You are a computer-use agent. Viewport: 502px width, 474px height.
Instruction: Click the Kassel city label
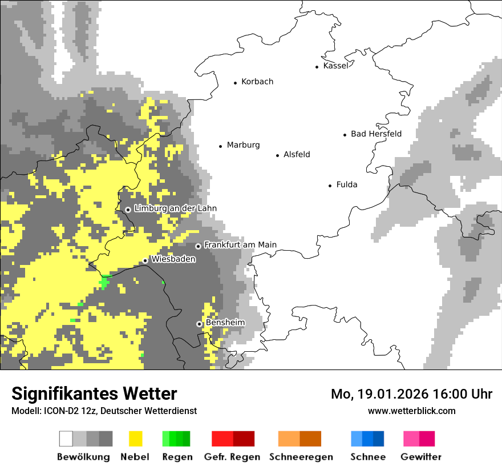tap(335, 66)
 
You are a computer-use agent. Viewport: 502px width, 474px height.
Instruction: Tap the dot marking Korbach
tap(235, 83)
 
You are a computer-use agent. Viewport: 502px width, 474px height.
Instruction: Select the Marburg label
tap(243, 145)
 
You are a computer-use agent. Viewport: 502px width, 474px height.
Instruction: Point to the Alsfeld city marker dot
tap(278, 155)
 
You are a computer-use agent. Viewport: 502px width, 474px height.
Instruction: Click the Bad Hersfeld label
tap(376, 134)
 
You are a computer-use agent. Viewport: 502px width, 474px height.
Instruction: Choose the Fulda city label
tap(347, 184)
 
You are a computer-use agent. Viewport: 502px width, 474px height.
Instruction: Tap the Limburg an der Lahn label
tap(175, 208)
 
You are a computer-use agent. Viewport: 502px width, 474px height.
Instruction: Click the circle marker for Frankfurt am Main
tap(199, 246)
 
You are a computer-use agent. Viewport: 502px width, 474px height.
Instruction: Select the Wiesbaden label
tap(173, 259)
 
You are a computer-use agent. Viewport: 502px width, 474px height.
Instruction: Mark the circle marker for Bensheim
tap(200, 324)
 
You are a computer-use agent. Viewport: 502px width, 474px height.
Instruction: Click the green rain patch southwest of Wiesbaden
tap(104, 282)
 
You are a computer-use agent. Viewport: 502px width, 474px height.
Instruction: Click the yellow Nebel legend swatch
tap(135, 439)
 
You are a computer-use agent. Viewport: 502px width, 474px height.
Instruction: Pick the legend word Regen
tap(176, 457)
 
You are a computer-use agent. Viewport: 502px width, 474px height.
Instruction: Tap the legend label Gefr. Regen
tap(232, 457)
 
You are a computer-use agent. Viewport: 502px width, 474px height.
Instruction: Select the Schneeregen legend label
tap(301, 457)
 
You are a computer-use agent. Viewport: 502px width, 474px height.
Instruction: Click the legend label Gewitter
tap(420, 457)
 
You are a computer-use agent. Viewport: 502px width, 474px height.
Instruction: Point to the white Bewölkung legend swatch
tap(66, 439)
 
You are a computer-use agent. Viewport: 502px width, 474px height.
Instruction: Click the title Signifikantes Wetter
tap(94, 394)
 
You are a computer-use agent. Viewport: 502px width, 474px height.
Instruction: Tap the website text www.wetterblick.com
tap(411, 411)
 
